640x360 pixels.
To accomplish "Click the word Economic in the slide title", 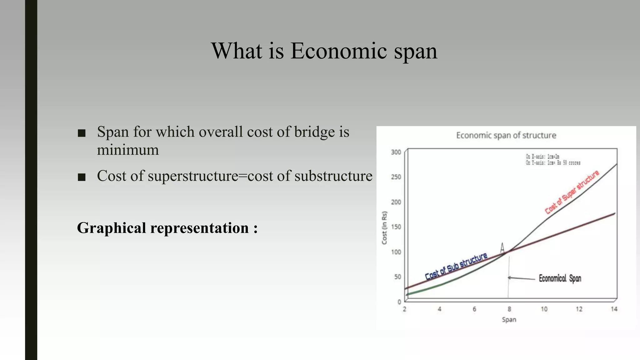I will click(x=339, y=51).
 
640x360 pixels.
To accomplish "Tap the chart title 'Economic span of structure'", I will click(x=506, y=135).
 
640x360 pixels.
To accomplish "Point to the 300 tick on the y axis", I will click(x=396, y=152).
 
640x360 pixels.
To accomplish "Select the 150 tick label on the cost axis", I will click(x=396, y=227).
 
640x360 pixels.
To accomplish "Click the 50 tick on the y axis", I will click(x=397, y=277).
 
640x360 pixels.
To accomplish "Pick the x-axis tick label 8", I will click(x=509, y=309).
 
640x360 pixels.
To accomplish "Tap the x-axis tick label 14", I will click(x=614, y=309).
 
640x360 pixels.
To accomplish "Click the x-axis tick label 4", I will click(x=439, y=309).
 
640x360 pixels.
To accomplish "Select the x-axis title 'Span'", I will click(x=509, y=320).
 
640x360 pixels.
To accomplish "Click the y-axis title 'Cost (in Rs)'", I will click(x=385, y=228).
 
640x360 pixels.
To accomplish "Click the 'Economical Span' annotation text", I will click(x=560, y=278).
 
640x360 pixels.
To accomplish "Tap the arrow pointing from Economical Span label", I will click(x=521, y=278).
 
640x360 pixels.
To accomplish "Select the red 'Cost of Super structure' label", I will click(x=572, y=192).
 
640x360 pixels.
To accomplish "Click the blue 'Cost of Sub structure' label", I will click(x=456, y=267).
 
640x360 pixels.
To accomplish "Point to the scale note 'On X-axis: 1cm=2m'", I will click(x=542, y=157).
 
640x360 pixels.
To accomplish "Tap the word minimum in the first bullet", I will click(x=128, y=150).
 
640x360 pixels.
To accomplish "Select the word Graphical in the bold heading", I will click(x=112, y=228).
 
